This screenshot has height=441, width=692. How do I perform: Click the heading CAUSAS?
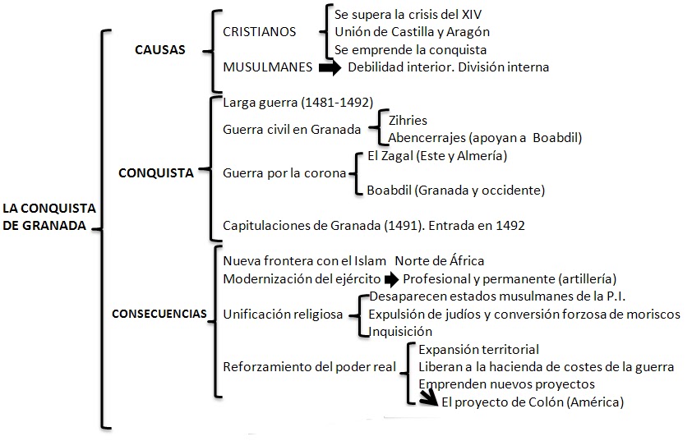pyautogui.click(x=160, y=50)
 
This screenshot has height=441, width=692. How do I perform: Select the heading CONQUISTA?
pyautogui.click(x=156, y=173)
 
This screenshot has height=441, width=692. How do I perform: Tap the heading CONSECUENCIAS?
pyautogui.click(x=159, y=314)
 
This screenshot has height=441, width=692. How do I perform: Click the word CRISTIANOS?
pyautogui.click(x=260, y=32)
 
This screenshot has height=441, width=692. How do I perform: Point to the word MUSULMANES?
pyautogui.click(x=267, y=67)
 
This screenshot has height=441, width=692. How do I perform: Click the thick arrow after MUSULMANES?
pyautogui.click(x=330, y=67)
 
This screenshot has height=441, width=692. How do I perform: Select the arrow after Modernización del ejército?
pyautogui.click(x=391, y=279)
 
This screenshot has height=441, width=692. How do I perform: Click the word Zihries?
pyautogui.click(x=408, y=121)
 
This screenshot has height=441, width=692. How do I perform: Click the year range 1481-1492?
pyautogui.click(x=337, y=103)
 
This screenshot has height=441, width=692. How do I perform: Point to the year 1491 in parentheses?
pyautogui.click(x=402, y=226)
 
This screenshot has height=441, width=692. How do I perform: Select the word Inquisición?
pyautogui.click(x=400, y=331)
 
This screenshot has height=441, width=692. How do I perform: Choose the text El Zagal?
pyautogui.click(x=390, y=156)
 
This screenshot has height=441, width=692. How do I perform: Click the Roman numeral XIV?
pyautogui.click(x=472, y=15)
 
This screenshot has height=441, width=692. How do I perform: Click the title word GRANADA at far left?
pyautogui.click(x=54, y=225)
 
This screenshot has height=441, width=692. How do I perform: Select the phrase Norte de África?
pyautogui.click(x=439, y=260)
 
